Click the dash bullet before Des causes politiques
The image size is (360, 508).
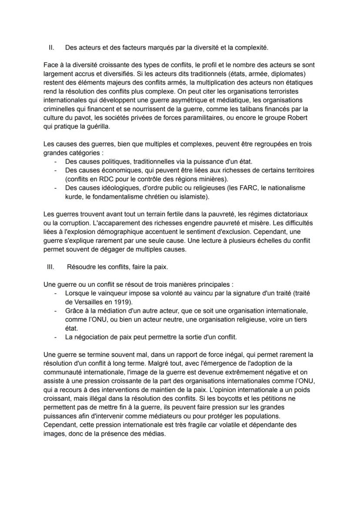click(56, 161)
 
